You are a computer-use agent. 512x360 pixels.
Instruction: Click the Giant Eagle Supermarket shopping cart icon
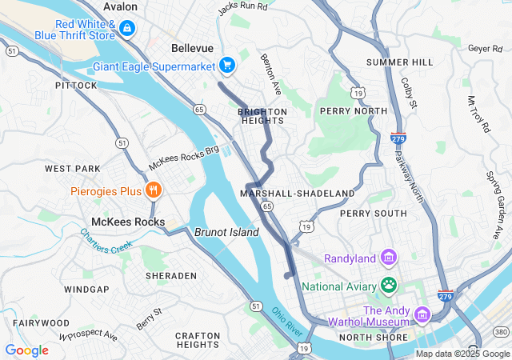(x=227, y=66)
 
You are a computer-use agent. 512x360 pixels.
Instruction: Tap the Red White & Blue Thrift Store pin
(x=126, y=29)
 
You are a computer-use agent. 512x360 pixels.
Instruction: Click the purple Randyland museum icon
(x=389, y=258)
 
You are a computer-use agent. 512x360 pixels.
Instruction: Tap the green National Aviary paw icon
(x=389, y=284)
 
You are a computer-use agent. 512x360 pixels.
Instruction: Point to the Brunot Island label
(x=226, y=232)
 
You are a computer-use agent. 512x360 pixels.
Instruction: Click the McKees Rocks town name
(x=128, y=222)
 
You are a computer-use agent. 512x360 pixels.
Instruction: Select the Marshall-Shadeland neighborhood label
(x=297, y=194)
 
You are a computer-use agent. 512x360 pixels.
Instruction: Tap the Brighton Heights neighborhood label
(x=262, y=116)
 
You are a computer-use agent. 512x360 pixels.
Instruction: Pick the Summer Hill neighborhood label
(x=399, y=62)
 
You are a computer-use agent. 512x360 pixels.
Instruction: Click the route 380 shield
(x=501, y=331)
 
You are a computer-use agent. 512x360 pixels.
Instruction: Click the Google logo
(x=26, y=350)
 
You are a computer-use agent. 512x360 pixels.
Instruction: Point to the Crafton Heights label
(x=198, y=339)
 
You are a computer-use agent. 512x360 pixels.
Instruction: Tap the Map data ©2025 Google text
(x=462, y=354)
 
